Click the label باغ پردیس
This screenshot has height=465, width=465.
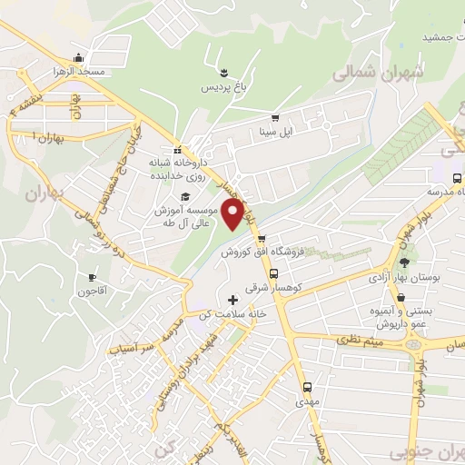223,87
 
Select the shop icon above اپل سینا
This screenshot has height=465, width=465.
275,118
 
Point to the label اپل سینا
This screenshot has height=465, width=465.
275,132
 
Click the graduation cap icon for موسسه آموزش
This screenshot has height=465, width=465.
185,196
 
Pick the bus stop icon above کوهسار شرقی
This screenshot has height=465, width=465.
272,272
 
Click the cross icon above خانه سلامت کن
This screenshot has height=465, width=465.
233,300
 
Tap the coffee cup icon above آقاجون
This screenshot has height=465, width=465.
92,277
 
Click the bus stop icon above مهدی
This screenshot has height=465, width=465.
307,386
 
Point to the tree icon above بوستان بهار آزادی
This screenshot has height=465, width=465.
404,263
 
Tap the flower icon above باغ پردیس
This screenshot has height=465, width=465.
223,72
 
